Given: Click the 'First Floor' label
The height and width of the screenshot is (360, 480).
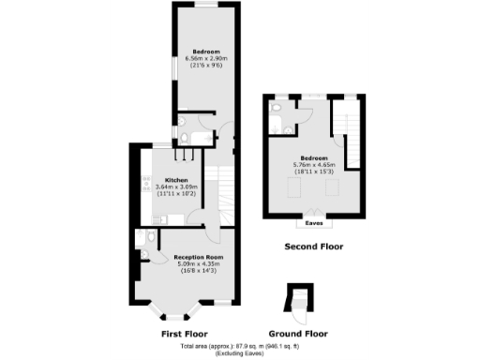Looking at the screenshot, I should (184, 334).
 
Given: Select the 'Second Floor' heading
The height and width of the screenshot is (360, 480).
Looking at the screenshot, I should (313, 247).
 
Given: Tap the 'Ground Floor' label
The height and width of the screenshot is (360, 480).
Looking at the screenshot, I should (297, 334).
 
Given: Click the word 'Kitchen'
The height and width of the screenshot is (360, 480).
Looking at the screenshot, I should (176, 180).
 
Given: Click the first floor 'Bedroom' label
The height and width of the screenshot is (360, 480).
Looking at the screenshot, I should (206, 51).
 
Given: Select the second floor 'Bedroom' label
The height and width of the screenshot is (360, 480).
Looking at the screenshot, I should (314, 157).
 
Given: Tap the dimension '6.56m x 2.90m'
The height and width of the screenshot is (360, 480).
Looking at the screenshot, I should (206, 58).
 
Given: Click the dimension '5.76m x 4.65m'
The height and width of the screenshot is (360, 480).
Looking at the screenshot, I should (314, 165).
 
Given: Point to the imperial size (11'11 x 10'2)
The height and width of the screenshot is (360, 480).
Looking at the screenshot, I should (176, 194).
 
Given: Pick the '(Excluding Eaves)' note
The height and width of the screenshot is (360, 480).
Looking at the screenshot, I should (239, 354).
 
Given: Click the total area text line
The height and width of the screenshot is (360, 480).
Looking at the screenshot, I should (239, 347).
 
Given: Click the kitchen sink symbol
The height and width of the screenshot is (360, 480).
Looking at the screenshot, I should (156, 219).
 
